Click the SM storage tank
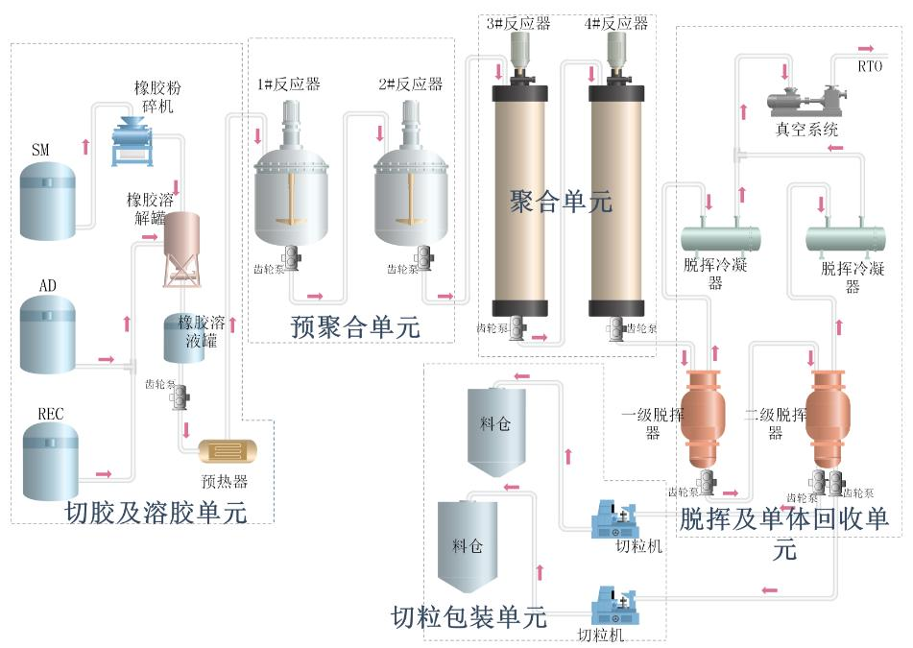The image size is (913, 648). (x=47, y=200)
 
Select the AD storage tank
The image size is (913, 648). (x=47, y=335)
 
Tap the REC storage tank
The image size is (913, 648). (x=50, y=463)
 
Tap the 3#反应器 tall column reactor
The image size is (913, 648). (x=518, y=202)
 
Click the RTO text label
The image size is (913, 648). (x=870, y=66)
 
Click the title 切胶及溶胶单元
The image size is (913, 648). (x=156, y=513)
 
